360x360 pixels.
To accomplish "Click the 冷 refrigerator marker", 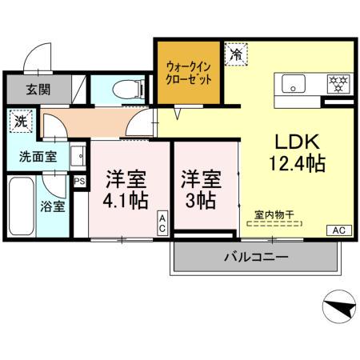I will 236,54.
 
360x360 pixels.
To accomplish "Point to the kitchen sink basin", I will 291,82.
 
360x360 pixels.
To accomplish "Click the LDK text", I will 298,142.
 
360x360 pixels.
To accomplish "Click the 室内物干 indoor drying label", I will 274,214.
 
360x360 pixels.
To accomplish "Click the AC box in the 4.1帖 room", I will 162,223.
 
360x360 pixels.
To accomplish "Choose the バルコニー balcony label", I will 255,258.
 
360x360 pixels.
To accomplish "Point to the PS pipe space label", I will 79,182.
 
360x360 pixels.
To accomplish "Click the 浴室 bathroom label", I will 54,206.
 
